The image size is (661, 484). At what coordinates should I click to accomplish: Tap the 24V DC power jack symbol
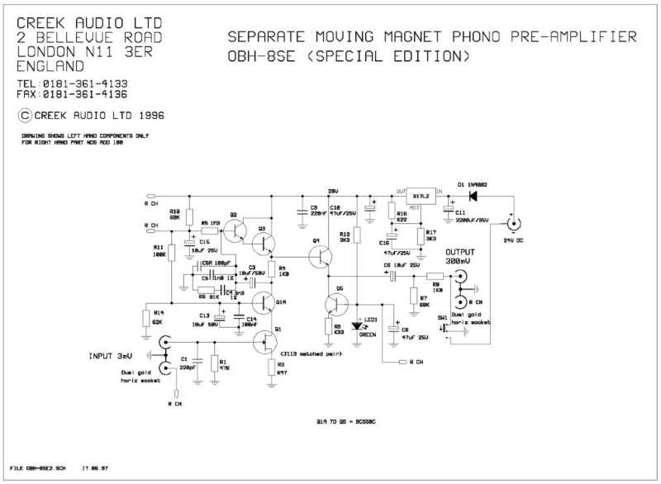(514, 224)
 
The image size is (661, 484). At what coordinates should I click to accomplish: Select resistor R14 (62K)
(146, 318)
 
